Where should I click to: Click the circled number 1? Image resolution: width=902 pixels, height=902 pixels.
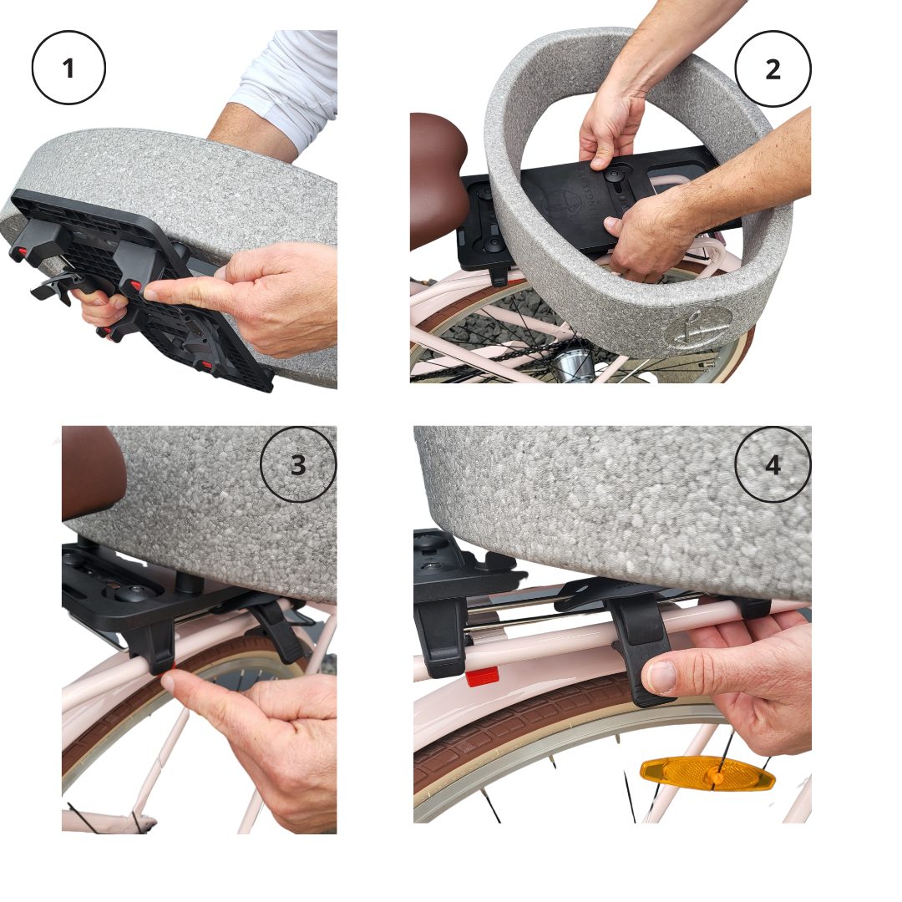(68, 68)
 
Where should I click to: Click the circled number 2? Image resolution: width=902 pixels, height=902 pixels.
(773, 69)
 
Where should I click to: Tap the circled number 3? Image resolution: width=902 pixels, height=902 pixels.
(297, 464)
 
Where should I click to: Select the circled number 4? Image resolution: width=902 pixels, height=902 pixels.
(773, 464)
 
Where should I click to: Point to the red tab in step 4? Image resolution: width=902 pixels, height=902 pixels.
(481, 677)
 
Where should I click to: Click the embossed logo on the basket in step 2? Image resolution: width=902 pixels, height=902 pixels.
(697, 328)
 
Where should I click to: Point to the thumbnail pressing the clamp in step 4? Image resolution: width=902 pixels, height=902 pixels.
(662, 677)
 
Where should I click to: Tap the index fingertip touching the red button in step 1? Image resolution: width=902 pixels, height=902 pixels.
(153, 294)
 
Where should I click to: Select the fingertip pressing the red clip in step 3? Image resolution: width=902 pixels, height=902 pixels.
(169, 682)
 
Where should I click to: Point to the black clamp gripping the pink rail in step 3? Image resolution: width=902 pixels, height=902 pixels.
(150, 644)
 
